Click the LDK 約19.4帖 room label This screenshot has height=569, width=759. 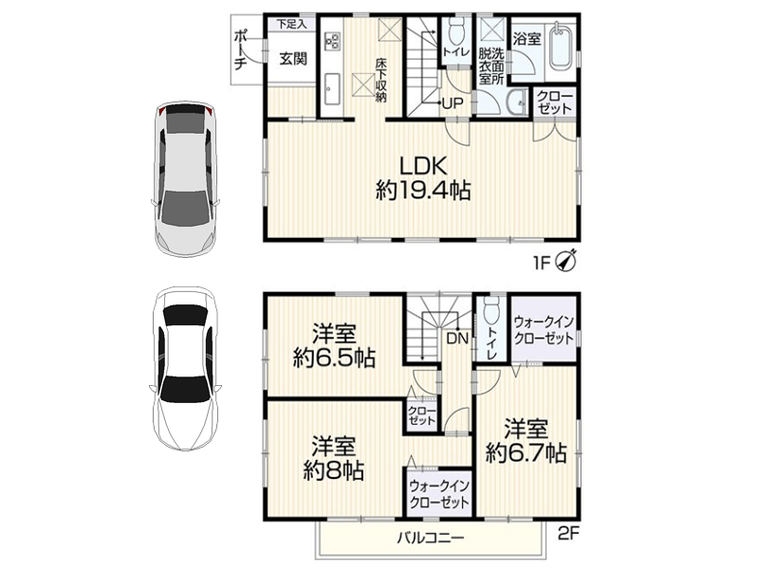423,178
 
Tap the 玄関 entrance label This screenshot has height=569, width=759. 293,59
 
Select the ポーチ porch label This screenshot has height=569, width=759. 241,50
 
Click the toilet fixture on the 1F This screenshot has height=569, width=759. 455,32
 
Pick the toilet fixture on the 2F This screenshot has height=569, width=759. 491,310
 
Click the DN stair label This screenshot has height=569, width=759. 457,338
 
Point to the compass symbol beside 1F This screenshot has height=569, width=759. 565,262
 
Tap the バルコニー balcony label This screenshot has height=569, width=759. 431,538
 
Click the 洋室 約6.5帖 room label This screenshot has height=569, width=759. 334,346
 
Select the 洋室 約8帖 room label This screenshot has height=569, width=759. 334,459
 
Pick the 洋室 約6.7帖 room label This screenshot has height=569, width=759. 526,441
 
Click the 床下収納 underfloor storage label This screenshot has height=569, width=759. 381,81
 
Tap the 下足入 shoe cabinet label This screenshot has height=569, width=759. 291,25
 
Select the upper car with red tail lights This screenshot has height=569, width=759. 185,179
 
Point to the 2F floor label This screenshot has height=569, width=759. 568,534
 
